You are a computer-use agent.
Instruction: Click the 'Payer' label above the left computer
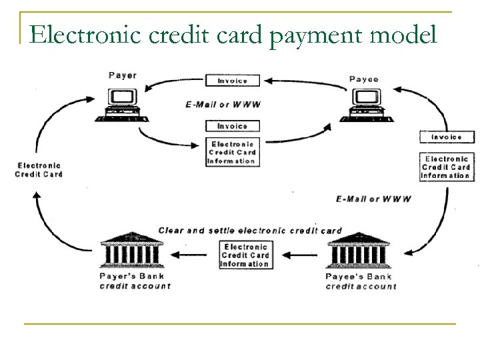123,75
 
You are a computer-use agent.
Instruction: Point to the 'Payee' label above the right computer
364,79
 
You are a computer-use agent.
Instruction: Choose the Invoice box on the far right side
445,137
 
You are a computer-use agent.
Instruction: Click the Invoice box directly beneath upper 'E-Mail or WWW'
232,125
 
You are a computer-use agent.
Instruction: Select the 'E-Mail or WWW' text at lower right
373,199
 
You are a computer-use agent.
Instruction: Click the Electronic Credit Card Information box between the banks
245,255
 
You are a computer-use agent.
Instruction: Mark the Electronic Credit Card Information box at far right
445,167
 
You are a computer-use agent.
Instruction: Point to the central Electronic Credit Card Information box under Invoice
232,152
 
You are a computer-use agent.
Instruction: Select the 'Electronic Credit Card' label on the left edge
39,170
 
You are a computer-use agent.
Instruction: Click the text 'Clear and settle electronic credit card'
249,231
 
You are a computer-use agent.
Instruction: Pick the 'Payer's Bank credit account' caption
135,281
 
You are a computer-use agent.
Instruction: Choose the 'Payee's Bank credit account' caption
361,281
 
